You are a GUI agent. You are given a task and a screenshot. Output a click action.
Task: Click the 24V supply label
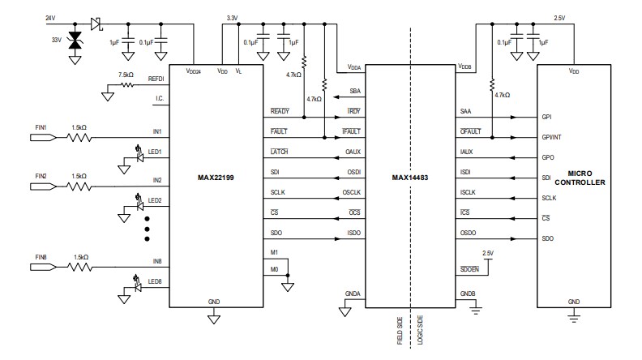point(49,18)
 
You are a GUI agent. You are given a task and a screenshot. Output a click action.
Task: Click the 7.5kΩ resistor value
point(126,75)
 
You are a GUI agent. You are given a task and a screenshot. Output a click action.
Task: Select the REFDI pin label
point(156,79)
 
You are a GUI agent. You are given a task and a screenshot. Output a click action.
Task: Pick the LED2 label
point(154,200)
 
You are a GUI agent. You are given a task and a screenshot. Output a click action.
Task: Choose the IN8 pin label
point(156,261)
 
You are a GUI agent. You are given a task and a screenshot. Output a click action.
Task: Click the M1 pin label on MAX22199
point(275,252)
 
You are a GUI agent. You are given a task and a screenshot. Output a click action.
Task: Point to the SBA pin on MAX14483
point(355,91)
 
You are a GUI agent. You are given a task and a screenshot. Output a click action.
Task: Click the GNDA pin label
point(353,293)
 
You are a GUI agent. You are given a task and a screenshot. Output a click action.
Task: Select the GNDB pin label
point(468,293)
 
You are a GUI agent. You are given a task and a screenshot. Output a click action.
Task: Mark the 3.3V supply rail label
point(232,17)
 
